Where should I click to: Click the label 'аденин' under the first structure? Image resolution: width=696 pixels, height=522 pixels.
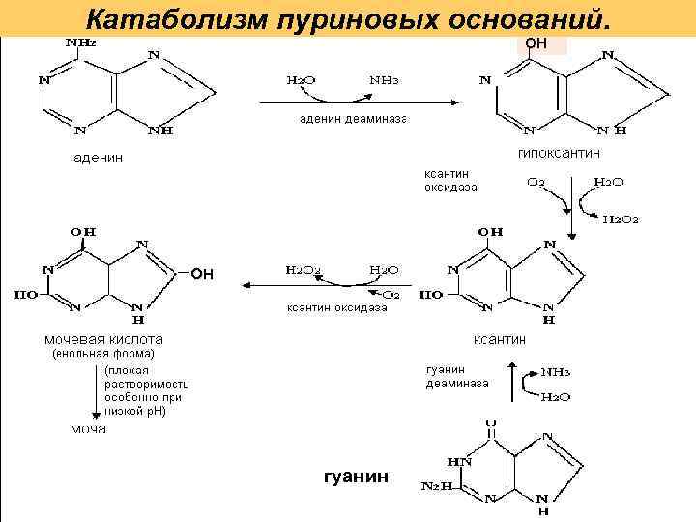pos(99,158)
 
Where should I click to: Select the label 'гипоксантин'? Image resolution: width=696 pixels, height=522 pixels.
pos(560,153)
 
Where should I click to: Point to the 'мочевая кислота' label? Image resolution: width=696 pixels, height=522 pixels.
pos(103,339)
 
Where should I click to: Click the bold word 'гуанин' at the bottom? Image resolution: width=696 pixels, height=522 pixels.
pos(358,476)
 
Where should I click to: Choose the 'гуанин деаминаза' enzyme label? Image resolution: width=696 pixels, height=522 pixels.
pos(457,376)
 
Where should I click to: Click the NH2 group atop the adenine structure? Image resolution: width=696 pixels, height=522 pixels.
pos(79,43)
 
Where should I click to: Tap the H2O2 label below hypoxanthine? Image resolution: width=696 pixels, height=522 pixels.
pos(621,219)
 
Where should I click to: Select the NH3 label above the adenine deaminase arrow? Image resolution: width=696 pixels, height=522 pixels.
pos(381,80)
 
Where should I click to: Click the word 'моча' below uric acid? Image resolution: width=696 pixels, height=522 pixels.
pos(87,428)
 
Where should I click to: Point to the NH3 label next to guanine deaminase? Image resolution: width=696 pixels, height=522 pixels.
pos(555,370)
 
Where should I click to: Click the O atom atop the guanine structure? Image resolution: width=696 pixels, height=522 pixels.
pos(490,422)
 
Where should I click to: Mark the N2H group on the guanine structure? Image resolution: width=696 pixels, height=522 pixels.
pos(435,486)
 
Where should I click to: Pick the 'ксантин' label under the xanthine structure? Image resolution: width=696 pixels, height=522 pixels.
pos(499,339)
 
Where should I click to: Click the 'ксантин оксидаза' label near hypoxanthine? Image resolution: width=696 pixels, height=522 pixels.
pos(450,181)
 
